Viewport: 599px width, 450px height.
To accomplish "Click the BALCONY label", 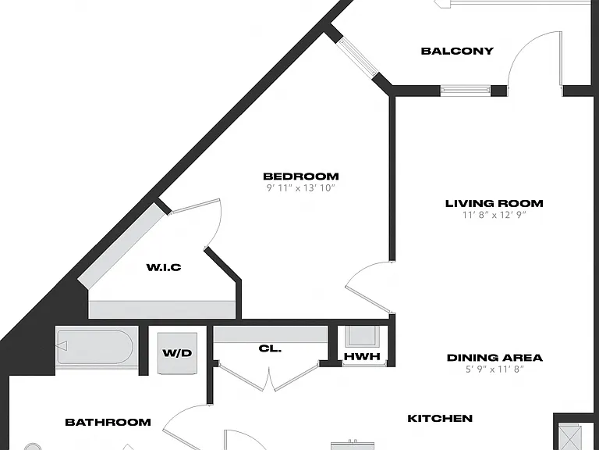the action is pos(457,51).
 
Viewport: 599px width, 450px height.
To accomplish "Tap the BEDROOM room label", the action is pos(301,177).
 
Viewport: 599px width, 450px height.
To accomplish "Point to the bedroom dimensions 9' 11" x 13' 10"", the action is pos(300,187).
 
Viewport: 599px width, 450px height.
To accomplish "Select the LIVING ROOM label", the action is pos(494,203).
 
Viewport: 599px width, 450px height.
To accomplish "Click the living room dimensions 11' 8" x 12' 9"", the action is pos(494,215).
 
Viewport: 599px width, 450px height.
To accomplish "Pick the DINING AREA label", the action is pos(494,358).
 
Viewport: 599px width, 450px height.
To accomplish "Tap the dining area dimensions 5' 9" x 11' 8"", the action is pos(494,370).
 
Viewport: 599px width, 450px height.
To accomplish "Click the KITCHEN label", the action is pos(440,418).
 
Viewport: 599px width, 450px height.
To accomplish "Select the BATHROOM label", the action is pos(108,422).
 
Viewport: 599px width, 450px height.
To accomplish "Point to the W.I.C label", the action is pos(164,267).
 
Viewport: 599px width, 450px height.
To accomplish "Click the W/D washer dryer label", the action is pos(177,353).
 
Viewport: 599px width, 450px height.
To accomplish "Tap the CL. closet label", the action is pos(270,348).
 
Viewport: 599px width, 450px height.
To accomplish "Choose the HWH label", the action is pos(362,356).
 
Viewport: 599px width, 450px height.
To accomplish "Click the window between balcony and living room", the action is pos(466,91).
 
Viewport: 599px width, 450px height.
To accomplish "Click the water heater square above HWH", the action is pos(362,337).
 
